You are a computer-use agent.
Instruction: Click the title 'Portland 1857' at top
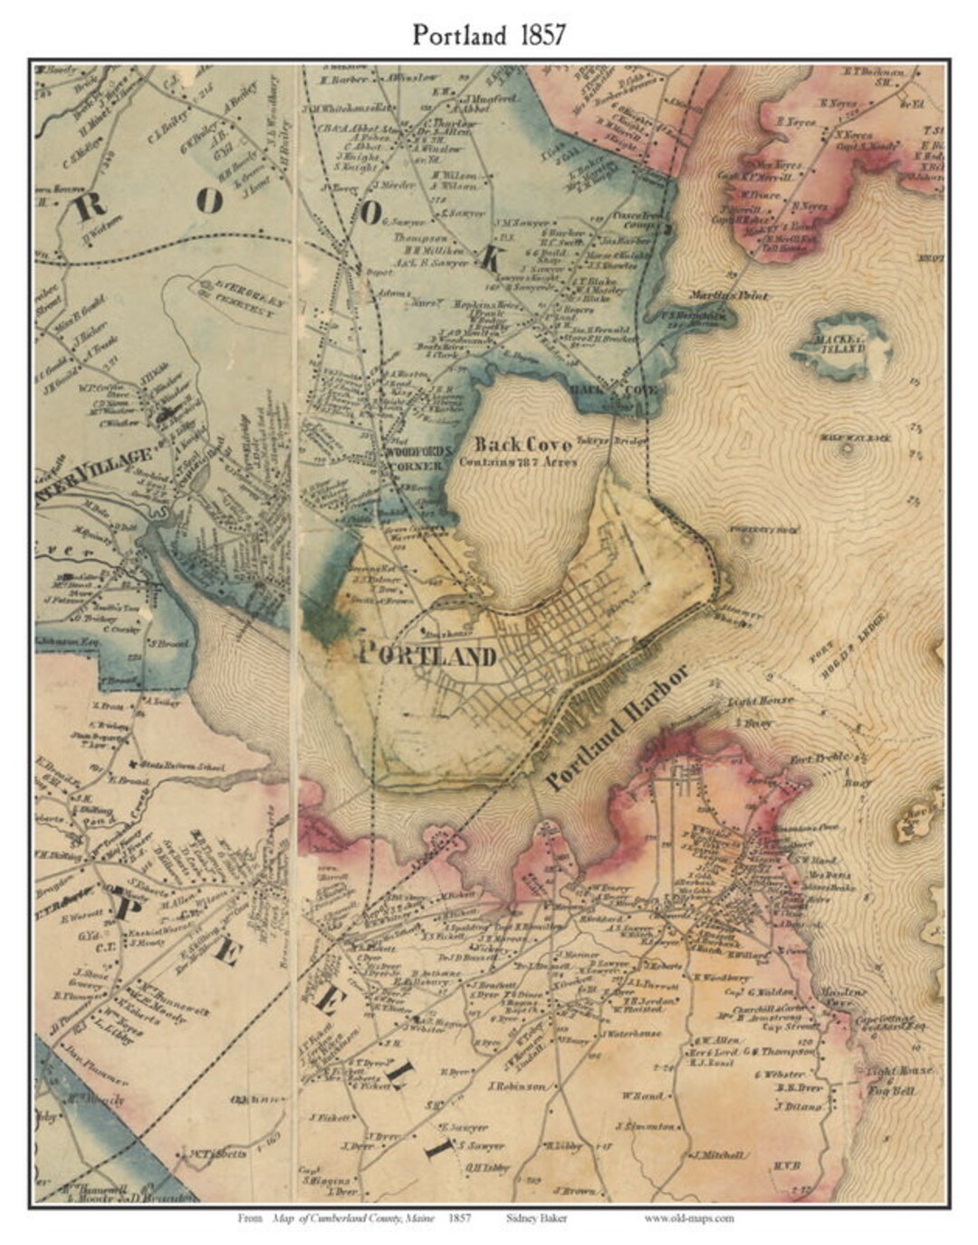click(x=489, y=34)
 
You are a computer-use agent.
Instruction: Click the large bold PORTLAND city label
click(x=428, y=654)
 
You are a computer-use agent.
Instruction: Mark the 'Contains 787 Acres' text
click(x=517, y=461)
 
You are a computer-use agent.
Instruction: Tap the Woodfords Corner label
click(x=414, y=458)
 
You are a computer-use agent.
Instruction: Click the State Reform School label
click(x=182, y=767)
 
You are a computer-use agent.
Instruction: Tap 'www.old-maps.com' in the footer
click(x=689, y=1219)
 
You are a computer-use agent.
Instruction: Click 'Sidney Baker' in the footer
click(x=537, y=1219)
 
